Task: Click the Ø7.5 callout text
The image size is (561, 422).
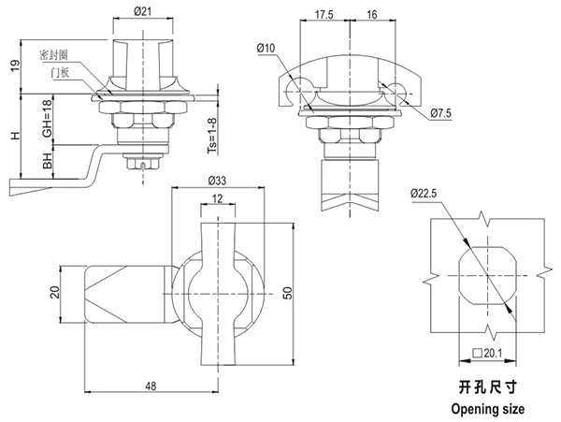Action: pyautogui.click(x=441, y=113)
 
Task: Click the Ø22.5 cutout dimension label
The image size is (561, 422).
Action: pyautogui.click(x=423, y=194)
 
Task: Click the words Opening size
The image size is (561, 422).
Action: pyautogui.click(x=487, y=409)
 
